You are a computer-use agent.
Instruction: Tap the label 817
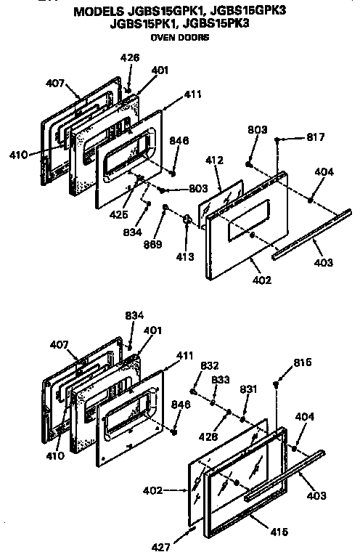pyautogui.click(x=316, y=137)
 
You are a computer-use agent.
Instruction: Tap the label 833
pyautogui.click(x=221, y=379)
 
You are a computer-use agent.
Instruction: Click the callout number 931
pyautogui.click(x=249, y=389)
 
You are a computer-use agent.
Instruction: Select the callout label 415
pyautogui.click(x=278, y=532)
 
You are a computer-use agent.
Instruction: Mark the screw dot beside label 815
pyautogui.click(x=277, y=383)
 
